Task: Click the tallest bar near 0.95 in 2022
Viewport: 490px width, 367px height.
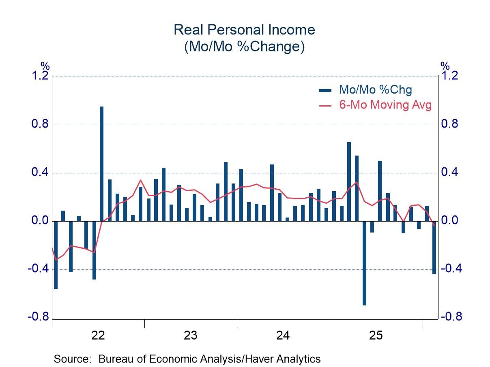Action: click(101, 164)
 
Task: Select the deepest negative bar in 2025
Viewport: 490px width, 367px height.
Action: click(364, 263)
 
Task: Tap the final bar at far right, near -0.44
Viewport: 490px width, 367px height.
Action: click(434, 248)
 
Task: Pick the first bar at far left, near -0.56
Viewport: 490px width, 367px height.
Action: click(56, 255)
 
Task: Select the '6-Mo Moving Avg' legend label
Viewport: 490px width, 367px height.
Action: click(385, 105)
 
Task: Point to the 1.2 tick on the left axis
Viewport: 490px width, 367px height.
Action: click(40, 76)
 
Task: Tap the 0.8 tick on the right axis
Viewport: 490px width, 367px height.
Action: click(450, 124)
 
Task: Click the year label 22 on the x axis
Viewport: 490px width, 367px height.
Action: click(98, 335)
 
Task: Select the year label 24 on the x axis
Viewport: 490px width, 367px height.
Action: click(283, 335)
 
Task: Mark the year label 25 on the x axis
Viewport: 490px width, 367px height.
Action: click(376, 335)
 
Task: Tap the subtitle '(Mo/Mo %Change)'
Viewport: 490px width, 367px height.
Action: click(244, 47)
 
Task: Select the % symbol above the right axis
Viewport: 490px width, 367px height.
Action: click(445, 66)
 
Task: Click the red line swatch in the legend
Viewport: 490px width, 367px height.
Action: click(325, 105)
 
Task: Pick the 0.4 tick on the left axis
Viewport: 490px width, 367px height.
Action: click(40, 173)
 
